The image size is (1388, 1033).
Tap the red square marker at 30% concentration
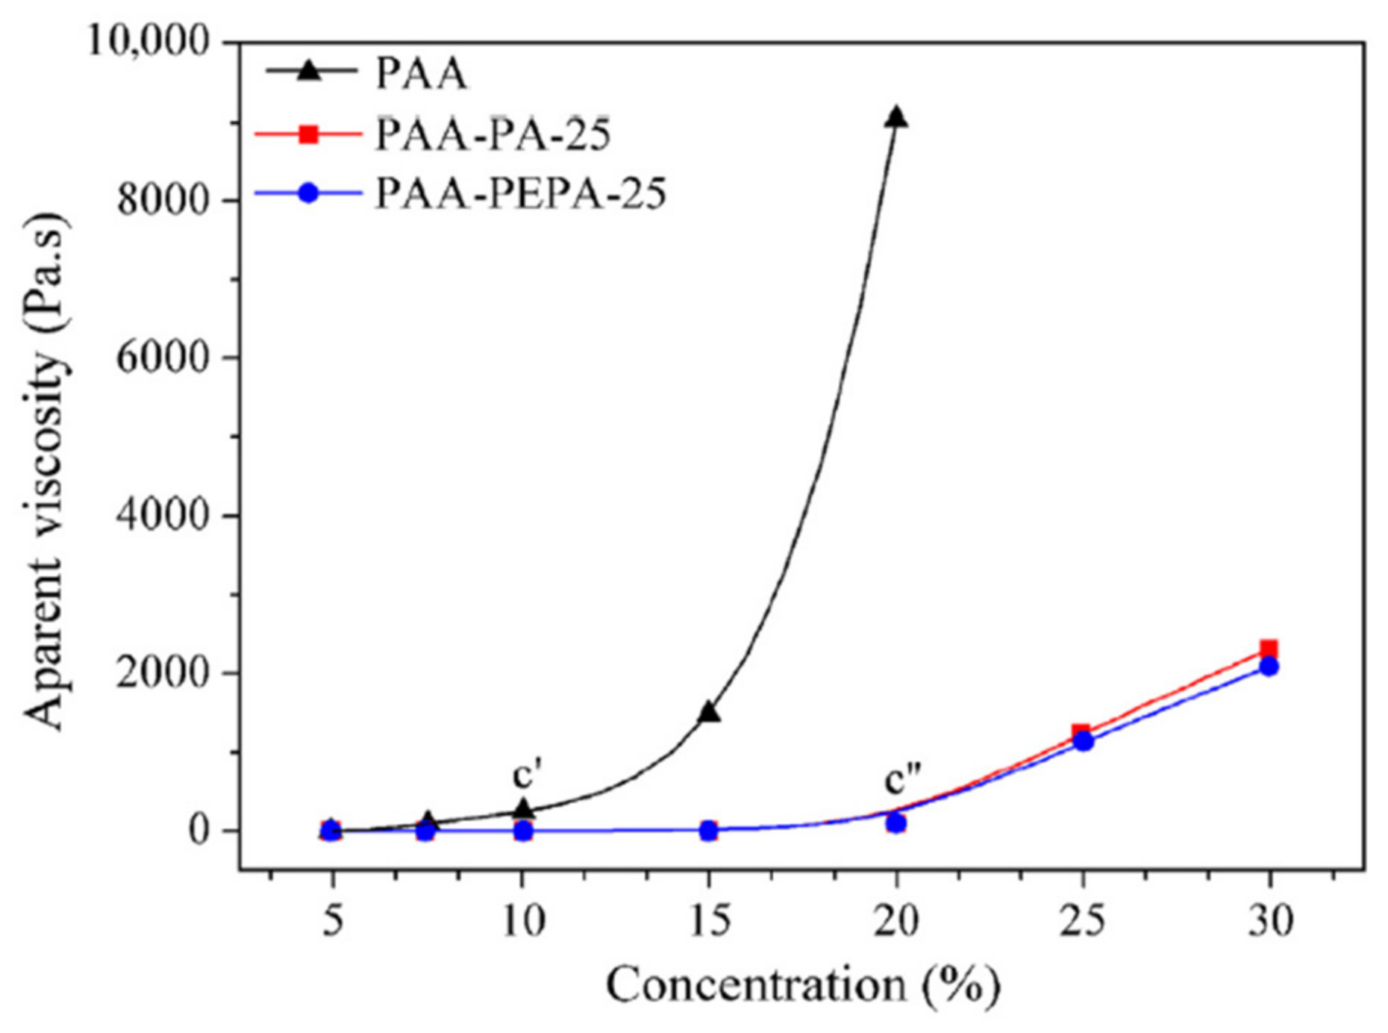pyautogui.click(x=1269, y=649)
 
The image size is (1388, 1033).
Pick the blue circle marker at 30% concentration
pyautogui.click(x=1269, y=667)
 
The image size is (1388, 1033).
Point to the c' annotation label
pyautogui.click(x=526, y=775)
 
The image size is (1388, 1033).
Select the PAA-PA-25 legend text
pyautogui.click(x=493, y=135)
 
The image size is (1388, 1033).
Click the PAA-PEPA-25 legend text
pyautogui.click(x=520, y=194)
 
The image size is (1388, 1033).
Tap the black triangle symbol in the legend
pyautogui.click(x=309, y=72)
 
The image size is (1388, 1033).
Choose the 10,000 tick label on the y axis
pyautogui.click(x=150, y=40)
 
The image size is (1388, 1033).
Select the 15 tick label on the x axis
pyautogui.click(x=710, y=922)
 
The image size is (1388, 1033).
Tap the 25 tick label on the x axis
pyautogui.click(x=1083, y=922)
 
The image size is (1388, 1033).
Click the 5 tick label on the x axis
pyautogui.click(x=333, y=922)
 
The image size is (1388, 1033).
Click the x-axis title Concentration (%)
pyautogui.click(x=802, y=986)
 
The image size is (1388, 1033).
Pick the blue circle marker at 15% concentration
pyautogui.click(x=709, y=830)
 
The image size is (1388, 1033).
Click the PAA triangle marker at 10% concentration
pyautogui.click(x=523, y=809)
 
